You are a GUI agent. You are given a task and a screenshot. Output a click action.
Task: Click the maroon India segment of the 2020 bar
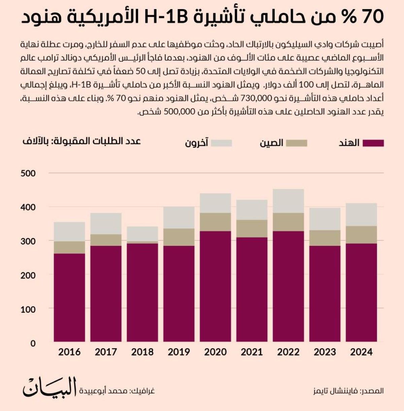click(x=215, y=287)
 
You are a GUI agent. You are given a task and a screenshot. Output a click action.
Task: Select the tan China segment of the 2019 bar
click(x=179, y=237)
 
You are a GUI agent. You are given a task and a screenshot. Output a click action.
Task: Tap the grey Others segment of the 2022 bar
click(x=289, y=201)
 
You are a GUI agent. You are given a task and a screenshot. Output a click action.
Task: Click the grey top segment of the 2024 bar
click(x=361, y=214)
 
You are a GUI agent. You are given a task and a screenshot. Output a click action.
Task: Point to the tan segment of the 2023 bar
click(x=325, y=238)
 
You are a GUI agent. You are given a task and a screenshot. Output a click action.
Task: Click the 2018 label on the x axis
click(x=142, y=352)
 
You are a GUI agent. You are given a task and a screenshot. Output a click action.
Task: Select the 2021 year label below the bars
click(x=252, y=352)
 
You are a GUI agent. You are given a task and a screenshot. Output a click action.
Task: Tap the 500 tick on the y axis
click(x=28, y=173)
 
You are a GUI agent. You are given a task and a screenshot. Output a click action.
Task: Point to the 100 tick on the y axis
click(x=28, y=309)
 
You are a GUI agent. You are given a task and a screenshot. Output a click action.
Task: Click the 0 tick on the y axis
click(x=33, y=343)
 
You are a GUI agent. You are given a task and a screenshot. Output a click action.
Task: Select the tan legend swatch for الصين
click(x=297, y=143)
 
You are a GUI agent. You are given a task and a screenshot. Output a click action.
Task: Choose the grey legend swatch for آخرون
click(x=221, y=143)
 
